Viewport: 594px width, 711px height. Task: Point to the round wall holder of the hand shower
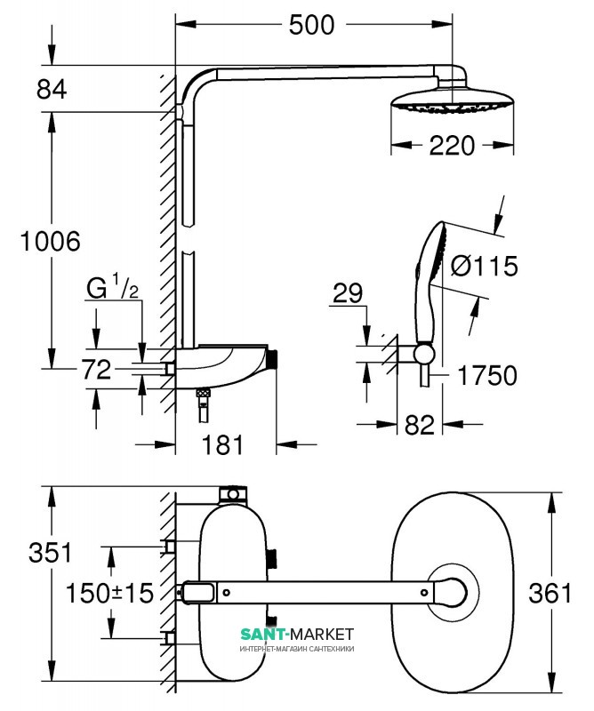coord(423,355)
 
